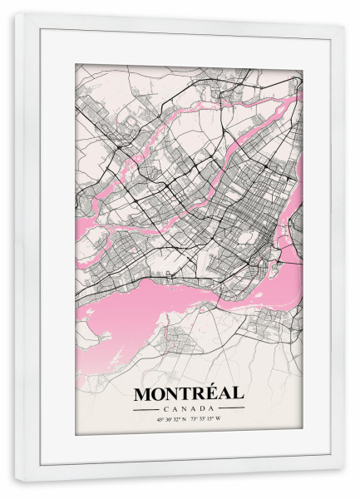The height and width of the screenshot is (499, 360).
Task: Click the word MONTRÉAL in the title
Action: (188, 393)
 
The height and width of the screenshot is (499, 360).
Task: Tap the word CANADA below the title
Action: (188, 408)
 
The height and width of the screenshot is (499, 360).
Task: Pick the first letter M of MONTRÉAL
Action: (141, 393)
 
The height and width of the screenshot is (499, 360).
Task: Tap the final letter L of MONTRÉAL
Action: (238, 393)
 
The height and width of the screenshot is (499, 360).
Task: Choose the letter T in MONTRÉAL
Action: (181, 393)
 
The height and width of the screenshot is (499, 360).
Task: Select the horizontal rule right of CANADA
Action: (229, 408)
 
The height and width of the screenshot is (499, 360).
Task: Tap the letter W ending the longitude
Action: (230, 419)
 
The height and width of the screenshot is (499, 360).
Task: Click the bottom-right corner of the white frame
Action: (343, 481)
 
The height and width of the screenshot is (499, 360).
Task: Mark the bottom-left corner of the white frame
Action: (16, 480)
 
